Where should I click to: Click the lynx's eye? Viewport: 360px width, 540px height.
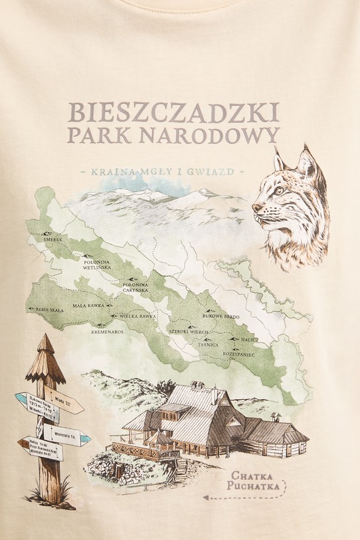pyautogui.click(x=278, y=191)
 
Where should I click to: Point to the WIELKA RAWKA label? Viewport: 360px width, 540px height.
pyautogui.click(x=137, y=317)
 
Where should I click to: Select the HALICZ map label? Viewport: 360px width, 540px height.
pyautogui.click(x=250, y=339)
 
